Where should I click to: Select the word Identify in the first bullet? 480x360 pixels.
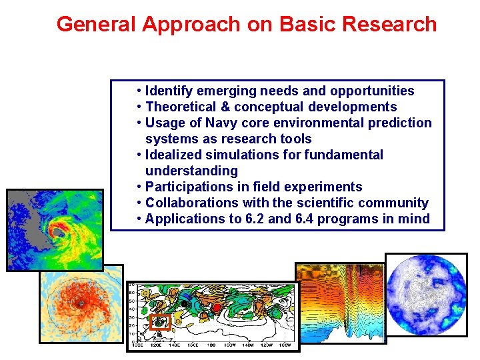(168, 91)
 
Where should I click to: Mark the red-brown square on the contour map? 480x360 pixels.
(160, 322)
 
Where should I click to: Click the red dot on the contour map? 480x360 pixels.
(216, 307)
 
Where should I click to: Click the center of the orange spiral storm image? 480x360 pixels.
(80, 303)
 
